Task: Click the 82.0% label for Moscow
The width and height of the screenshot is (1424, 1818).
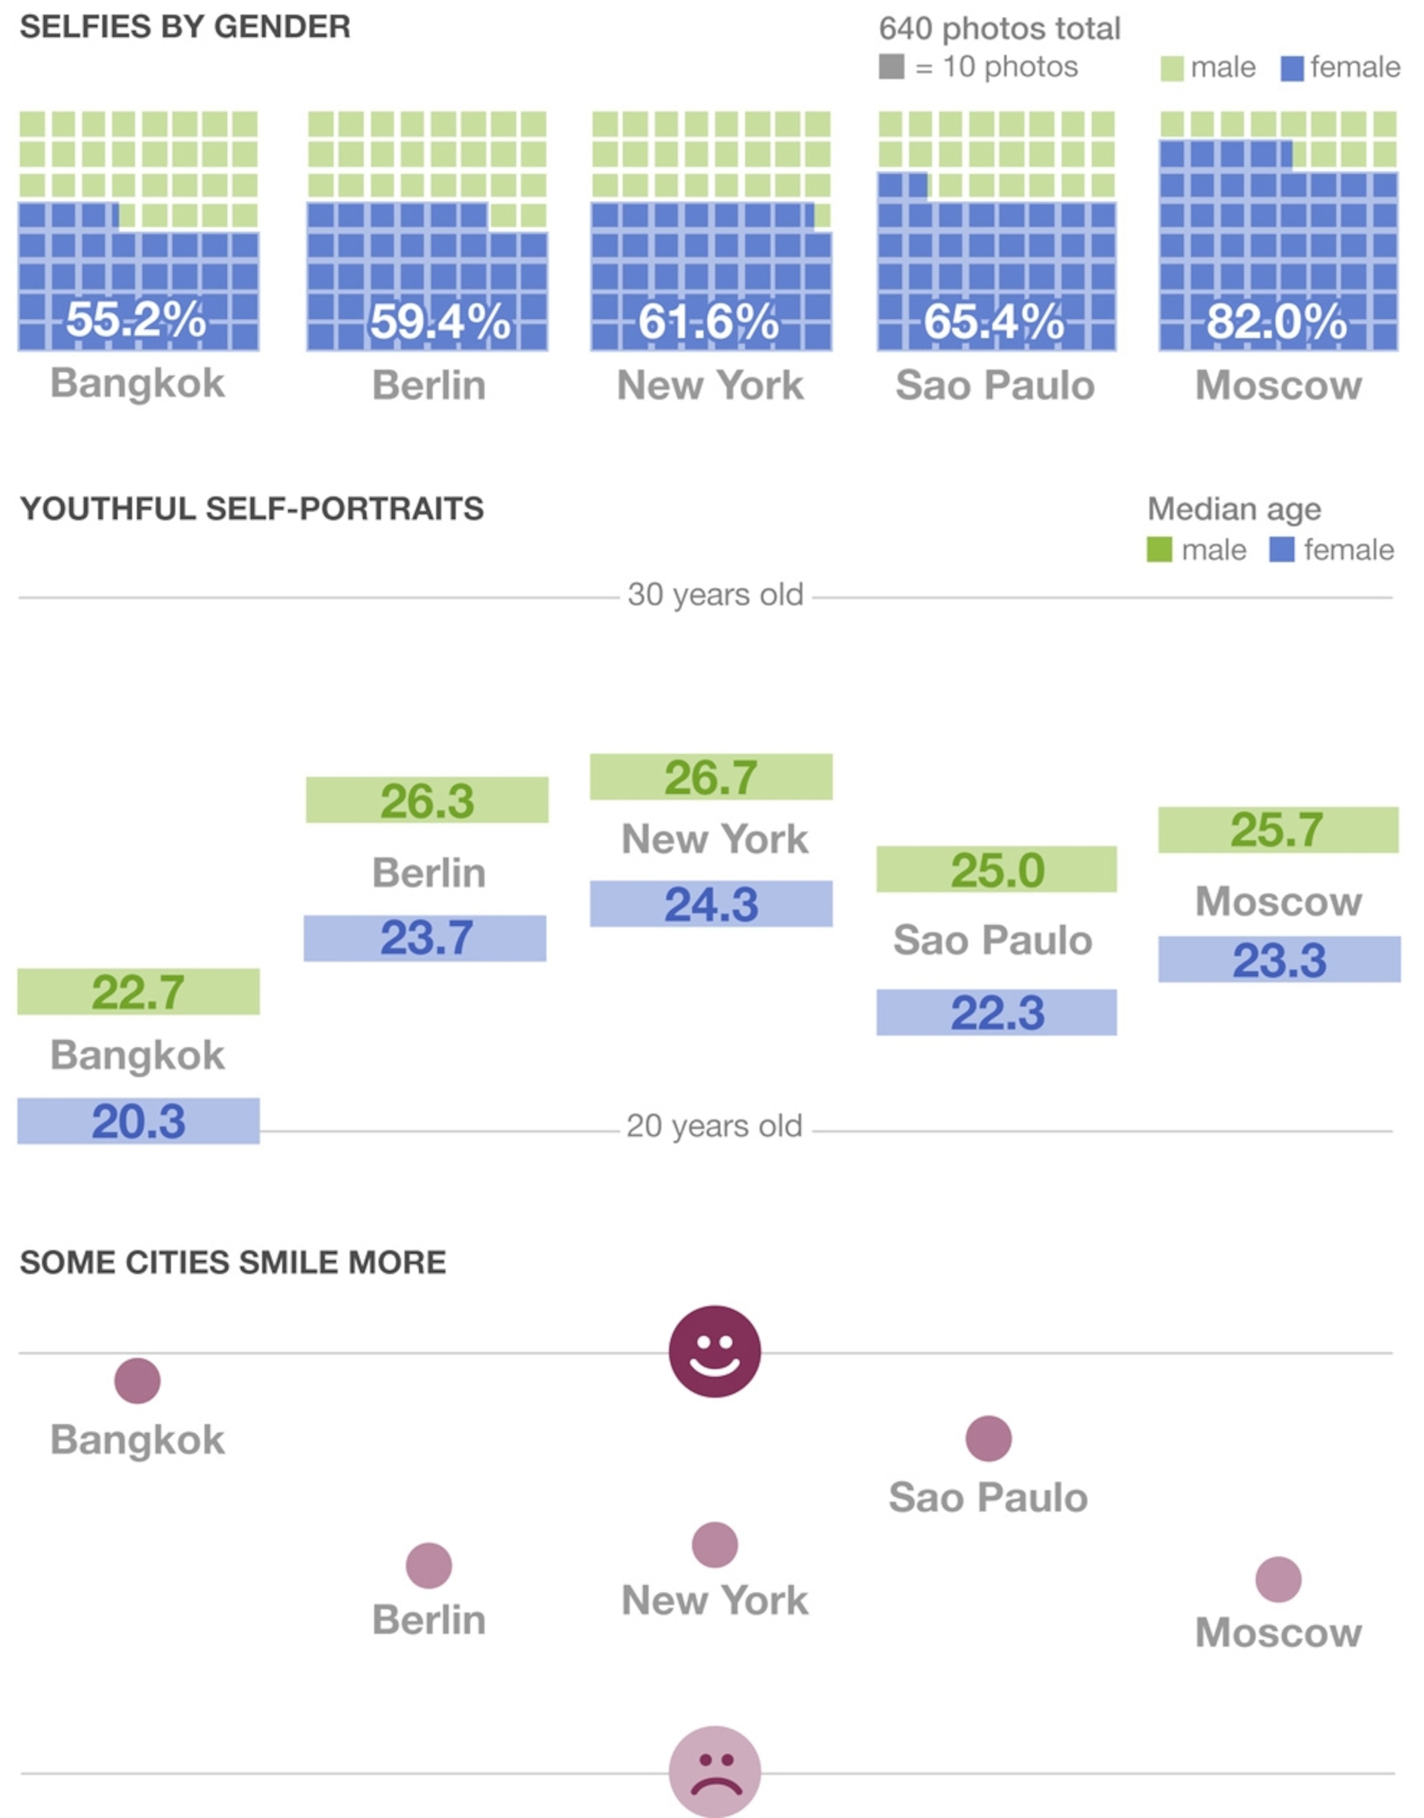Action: pyautogui.click(x=1277, y=321)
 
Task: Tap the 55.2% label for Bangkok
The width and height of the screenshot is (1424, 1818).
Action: pyautogui.click(x=137, y=319)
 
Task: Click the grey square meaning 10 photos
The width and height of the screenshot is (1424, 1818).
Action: pyautogui.click(x=891, y=67)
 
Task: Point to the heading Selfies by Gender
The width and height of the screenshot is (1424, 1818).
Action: pyautogui.click(x=185, y=27)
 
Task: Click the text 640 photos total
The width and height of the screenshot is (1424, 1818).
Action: pyautogui.click(x=999, y=28)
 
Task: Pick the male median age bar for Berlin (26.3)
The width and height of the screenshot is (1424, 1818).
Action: pyautogui.click(x=427, y=800)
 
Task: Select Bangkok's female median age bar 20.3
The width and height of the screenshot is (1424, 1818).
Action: pyautogui.click(x=138, y=1121)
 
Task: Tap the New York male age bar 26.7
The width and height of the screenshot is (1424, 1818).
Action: pyautogui.click(x=711, y=777)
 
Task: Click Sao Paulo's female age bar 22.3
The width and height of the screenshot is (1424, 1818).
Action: pyautogui.click(x=997, y=1013)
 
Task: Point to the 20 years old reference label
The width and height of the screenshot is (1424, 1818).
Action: pyautogui.click(x=714, y=1126)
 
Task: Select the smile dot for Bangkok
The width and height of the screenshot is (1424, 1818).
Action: pyautogui.click(x=137, y=1381)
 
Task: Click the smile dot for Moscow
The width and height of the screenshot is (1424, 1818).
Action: pyautogui.click(x=1278, y=1579)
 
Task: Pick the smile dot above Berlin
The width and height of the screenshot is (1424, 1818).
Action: pyautogui.click(x=429, y=1565)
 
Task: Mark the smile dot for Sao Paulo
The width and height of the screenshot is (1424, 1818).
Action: pyautogui.click(x=989, y=1439)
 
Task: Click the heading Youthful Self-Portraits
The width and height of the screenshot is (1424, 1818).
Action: pyautogui.click(x=252, y=508)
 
